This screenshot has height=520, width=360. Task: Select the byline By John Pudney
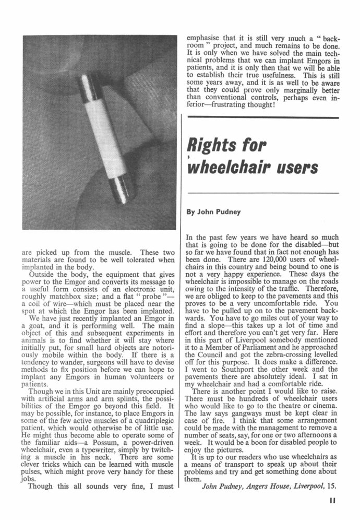[x=215, y=212]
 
